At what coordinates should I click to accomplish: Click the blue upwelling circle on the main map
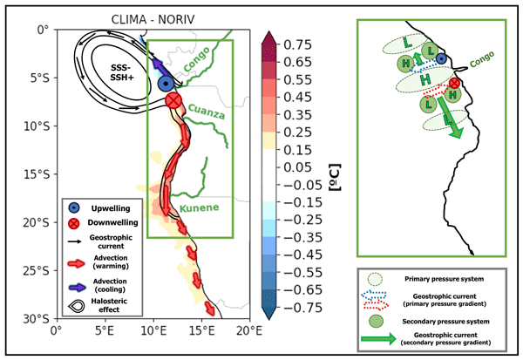[166, 84]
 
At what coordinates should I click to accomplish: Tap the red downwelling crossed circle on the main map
[173, 101]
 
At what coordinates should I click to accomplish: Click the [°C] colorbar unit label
[331, 174]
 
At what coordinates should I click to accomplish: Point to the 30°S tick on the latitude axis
[37, 318]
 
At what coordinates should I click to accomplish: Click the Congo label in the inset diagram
[477, 62]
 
